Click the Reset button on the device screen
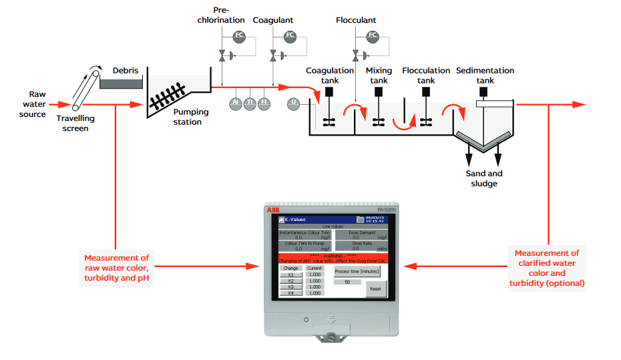pyautogui.click(x=376, y=289)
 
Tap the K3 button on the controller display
pyautogui.click(x=290, y=287)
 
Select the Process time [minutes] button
pyautogui.click(x=356, y=271)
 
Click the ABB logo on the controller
pyautogui.click(x=274, y=210)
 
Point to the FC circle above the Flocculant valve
pyautogui.click(x=373, y=35)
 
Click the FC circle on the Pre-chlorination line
pyautogui.click(x=239, y=35)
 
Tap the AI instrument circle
pyautogui.click(x=235, y=102)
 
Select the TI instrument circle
pyautogui.click(x=250, y=102)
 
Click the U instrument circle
pyautogui.click(x=294, y=102)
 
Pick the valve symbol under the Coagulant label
pyautogui.click(x=273, y=57)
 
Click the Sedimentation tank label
pyautogui.click(x=485, y=75)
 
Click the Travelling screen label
pyautogui.click(x=75, y=124)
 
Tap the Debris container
pyautogui.click(x=121, y=83)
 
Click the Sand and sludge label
pyautogui.click(x=484, y=178)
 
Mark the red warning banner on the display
pyautogui.click(x=332, y=258)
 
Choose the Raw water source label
pyautogui.click(x=32, y=104)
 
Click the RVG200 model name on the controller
pyautogui.click(x=387, y=210)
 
